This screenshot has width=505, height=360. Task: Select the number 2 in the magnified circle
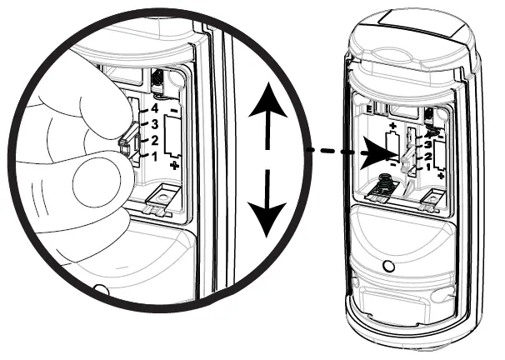(153, 140)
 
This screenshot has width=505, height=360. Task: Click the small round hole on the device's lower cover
(389, 267)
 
